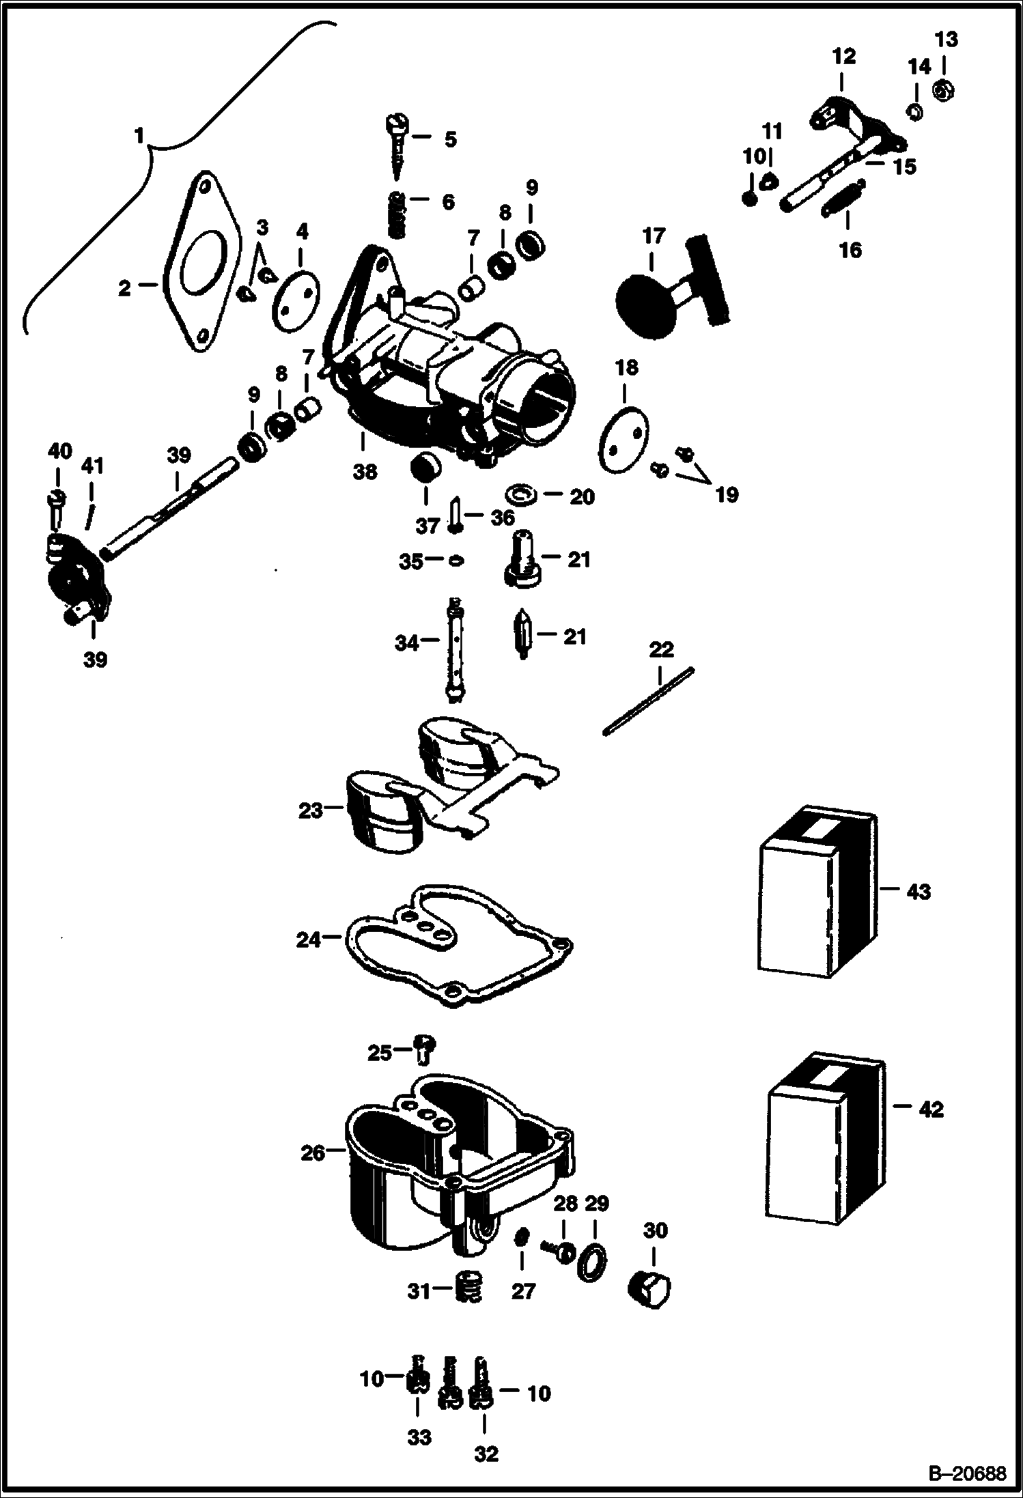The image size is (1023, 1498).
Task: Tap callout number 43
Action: pos(918,891)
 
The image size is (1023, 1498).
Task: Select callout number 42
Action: pos(931,1110)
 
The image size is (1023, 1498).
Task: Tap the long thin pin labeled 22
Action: pos(647,701)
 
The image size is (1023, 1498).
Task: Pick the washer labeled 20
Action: pos(520,493)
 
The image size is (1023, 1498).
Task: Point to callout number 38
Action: pos(365,471)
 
